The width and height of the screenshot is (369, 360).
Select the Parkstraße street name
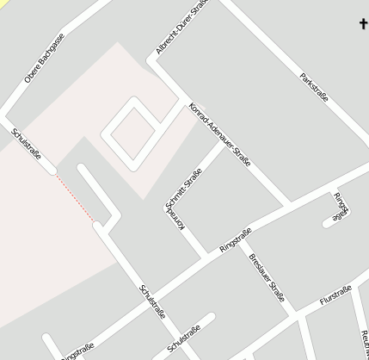(314, 88)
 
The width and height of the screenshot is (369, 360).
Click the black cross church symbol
(363, 23)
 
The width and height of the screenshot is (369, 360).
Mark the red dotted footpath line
(75, 197)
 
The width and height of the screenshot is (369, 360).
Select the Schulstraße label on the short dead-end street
(185, 338)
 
